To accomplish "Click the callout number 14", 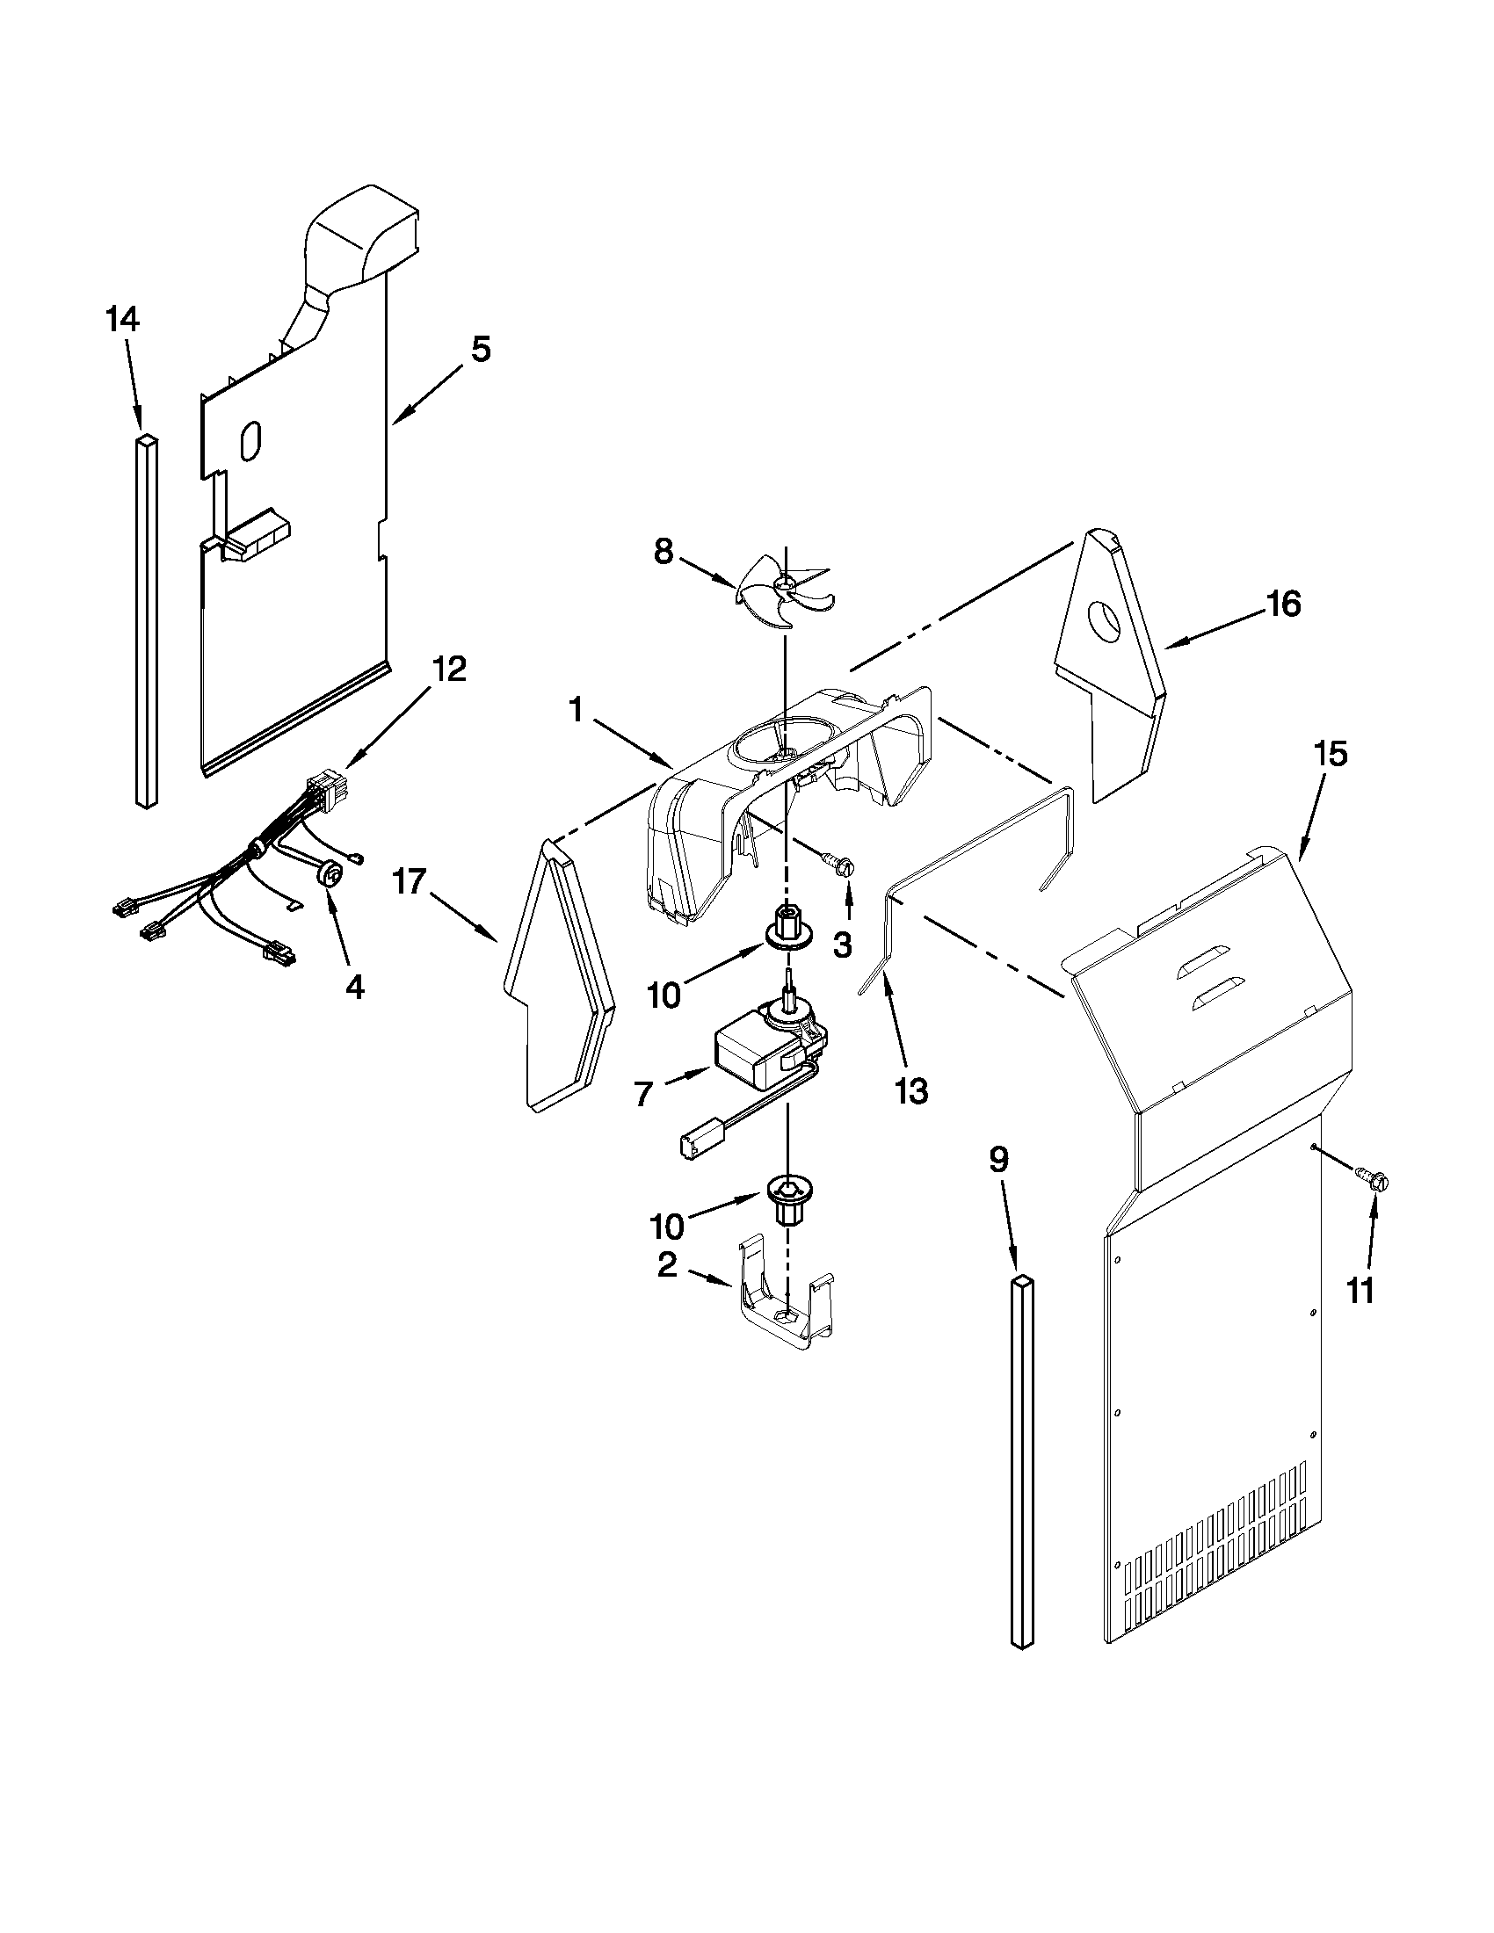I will coord(123,319).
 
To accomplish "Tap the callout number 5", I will coord(479,349).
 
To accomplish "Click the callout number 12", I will coord(449,670).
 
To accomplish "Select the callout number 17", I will coord(410,882).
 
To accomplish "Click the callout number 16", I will coord(1283,605).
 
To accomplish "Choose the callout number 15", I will coord(1331,754).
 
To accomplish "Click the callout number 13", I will coord(911,1091).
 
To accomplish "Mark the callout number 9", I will coord(997,1160).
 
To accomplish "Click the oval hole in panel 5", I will coord(250,439).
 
